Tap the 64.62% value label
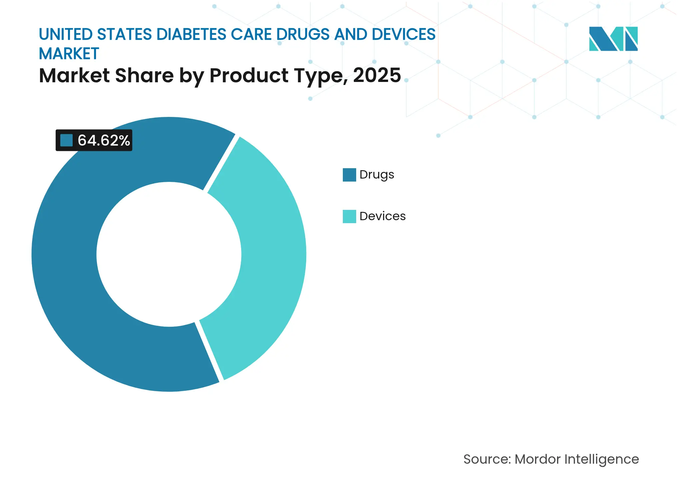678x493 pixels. pos(104,140)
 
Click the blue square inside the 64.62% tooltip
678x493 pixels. pos(66,140)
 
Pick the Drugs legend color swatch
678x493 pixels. pos(349,175)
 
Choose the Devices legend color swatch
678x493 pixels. pos(349,217)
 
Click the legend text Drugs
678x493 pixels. pos(376,175)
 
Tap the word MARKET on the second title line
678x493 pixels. pos(69,54)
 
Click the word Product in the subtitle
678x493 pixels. pos(249,75)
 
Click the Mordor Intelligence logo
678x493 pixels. pos(613,39)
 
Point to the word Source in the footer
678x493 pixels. pos(486,459)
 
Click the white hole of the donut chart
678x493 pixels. pos(169,254)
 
